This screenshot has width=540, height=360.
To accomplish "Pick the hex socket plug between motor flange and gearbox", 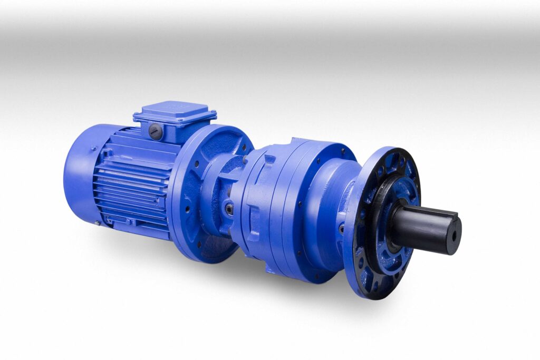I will coord(229,209).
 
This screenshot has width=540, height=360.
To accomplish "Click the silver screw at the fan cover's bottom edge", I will coord(97,223).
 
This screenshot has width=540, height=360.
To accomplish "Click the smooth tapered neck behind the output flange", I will coord(330,200).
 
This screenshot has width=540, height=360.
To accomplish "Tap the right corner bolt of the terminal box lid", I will coord(213,114).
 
